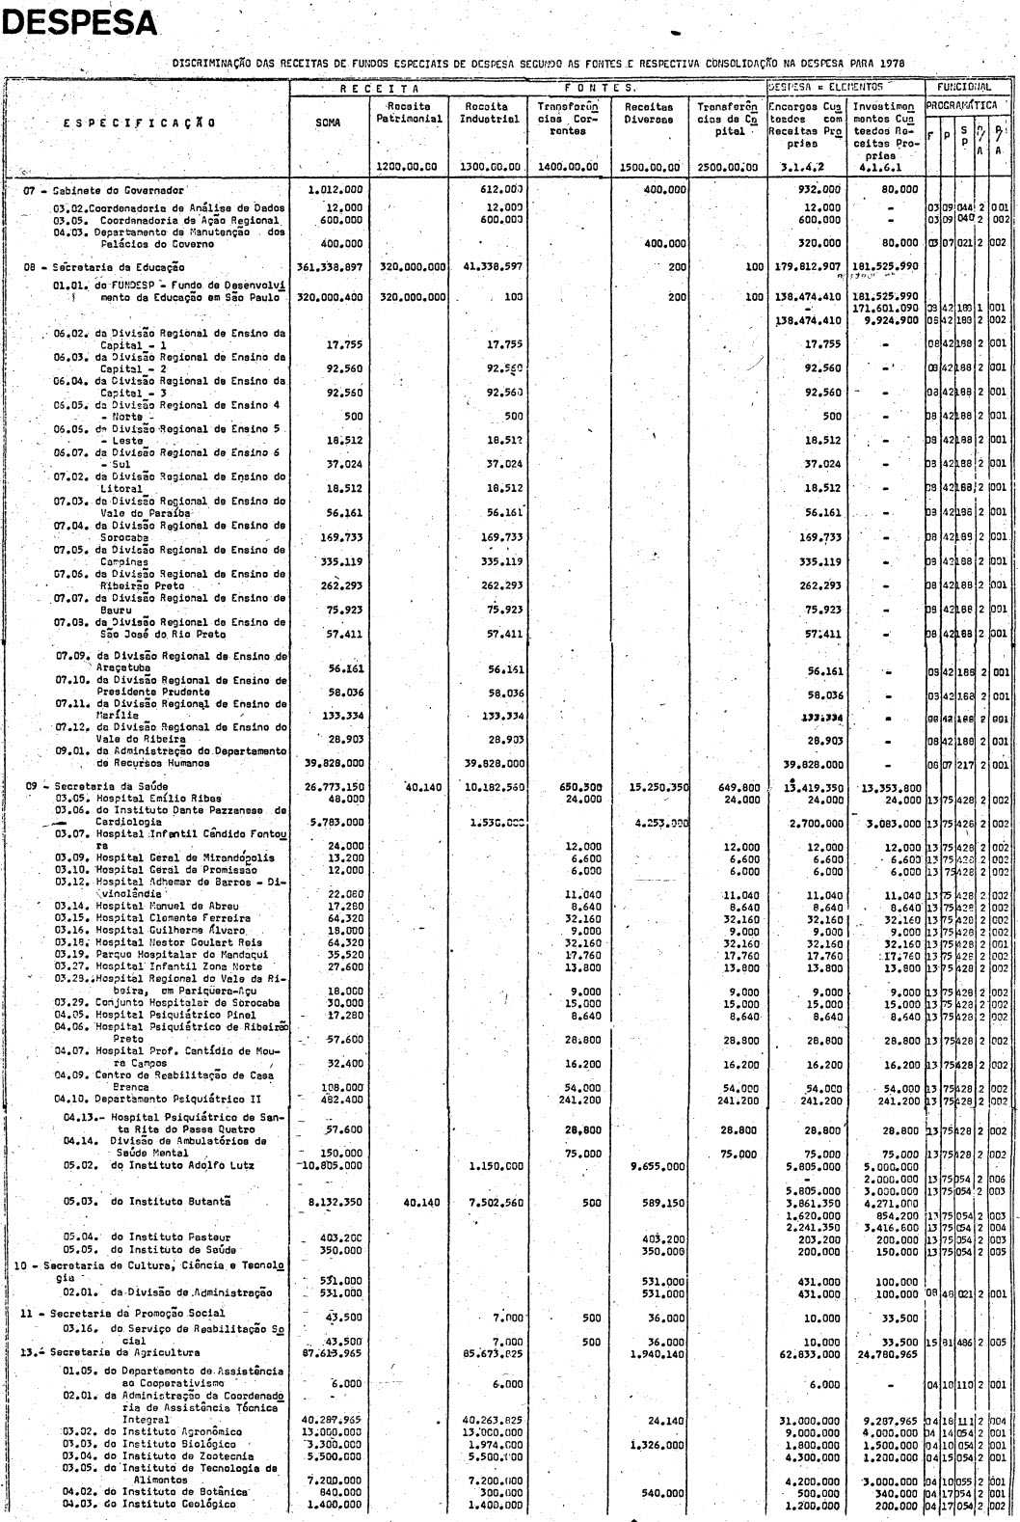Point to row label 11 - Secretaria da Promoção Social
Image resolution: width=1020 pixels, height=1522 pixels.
point(124,1314)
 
